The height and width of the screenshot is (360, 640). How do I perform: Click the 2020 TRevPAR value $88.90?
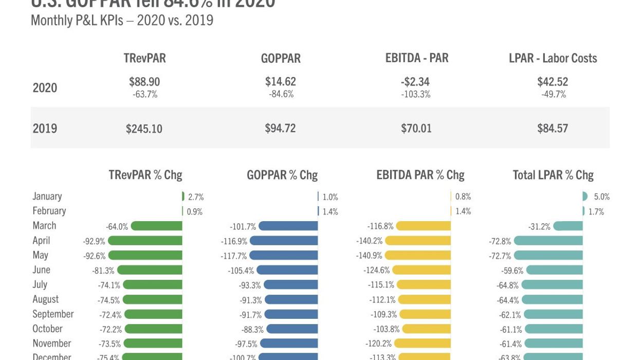(x=144, y=81)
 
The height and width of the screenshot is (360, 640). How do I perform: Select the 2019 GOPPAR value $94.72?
(x=280, y=128)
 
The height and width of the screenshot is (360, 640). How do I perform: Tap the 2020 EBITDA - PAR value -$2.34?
(x=416, y=81)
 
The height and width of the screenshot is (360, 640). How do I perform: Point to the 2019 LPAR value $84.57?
(x=553, y=128)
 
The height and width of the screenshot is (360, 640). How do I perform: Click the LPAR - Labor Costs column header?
(x=553, y=58)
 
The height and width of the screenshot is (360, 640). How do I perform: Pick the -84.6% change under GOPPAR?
(x=281, y=94)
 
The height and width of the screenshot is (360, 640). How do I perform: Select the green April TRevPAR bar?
(x=145, y=241)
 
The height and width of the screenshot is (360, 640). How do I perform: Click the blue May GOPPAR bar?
(x=283, y=256)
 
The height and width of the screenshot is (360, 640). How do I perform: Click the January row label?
(x=47, y=196)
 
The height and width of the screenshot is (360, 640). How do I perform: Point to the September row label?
(x=53, y=314)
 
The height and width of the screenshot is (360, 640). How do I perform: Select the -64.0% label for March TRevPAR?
(x=117, y=226)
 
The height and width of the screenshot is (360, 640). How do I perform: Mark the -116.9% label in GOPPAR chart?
(x=234, y=241)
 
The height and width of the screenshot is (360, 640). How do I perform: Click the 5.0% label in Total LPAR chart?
(x=601, y=196)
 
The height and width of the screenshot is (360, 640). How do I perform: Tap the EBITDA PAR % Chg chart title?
(x=420, y=175)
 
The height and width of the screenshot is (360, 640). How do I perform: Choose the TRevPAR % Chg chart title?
(x=145, y=175)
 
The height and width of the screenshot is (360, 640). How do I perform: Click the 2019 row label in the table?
(x=45, y=128)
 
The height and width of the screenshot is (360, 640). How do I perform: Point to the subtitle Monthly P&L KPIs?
(x=122, y=21)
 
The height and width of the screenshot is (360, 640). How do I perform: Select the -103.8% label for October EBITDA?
(x=385, y=329)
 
